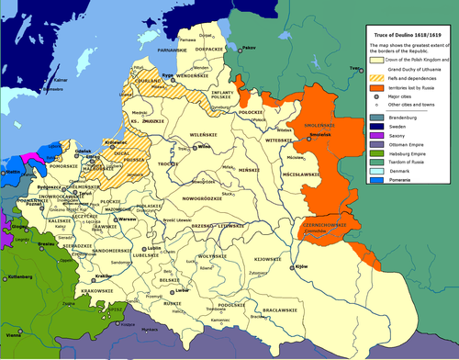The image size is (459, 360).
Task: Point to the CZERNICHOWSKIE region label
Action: tap(327, 223)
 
